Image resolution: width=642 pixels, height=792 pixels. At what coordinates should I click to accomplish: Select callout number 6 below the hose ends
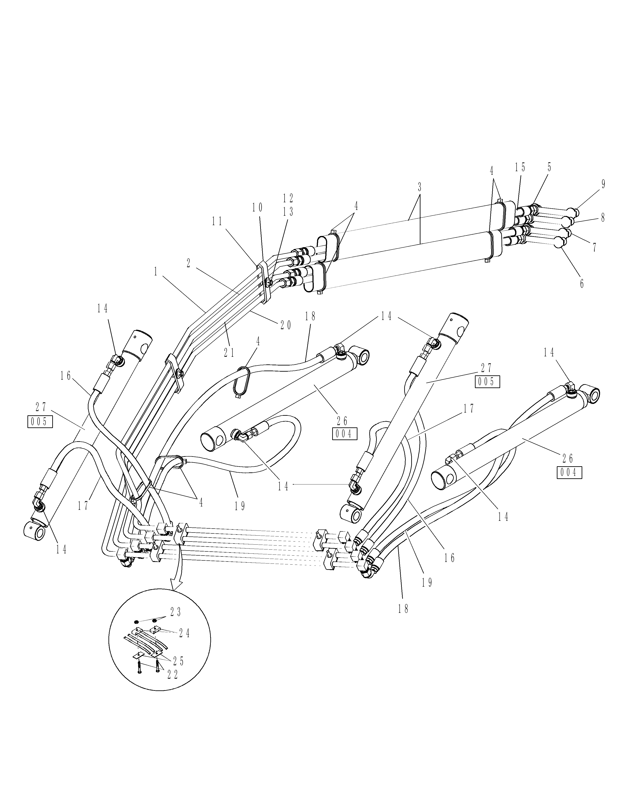[x=582, y=284]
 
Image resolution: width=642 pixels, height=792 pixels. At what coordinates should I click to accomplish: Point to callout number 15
[x=520, y=167]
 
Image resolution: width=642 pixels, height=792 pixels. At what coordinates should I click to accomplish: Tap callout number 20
[x=286, y=325]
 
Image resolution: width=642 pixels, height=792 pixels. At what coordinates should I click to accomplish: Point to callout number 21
[x=229, y=353]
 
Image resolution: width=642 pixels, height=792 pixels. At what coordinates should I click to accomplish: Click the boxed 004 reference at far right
[x=569, y=473]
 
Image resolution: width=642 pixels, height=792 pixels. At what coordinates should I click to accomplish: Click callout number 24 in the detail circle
[x=184, y=633]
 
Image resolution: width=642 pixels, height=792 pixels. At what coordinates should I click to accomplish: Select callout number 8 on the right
[x=603, y=218]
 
